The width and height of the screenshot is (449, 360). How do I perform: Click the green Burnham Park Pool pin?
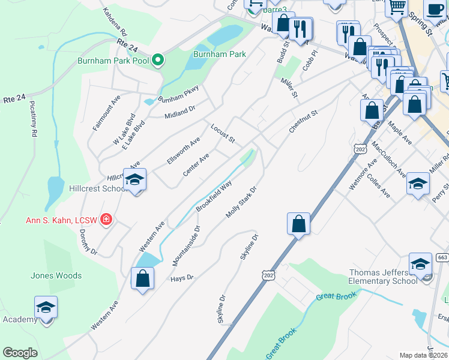158,59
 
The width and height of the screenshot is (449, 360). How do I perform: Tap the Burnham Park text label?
220,54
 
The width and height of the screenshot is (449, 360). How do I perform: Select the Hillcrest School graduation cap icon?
135,179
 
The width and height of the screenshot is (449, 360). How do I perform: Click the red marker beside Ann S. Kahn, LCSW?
106,220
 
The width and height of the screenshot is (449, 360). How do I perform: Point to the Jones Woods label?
51,276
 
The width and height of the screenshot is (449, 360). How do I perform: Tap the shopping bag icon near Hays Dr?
142,278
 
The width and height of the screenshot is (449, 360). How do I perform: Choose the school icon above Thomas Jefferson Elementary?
420,264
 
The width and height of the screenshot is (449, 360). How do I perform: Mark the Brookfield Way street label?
214,197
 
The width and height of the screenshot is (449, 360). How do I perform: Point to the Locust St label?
222,133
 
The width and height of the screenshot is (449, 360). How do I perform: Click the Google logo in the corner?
20,353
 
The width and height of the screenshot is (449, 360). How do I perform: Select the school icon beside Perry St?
418,184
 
